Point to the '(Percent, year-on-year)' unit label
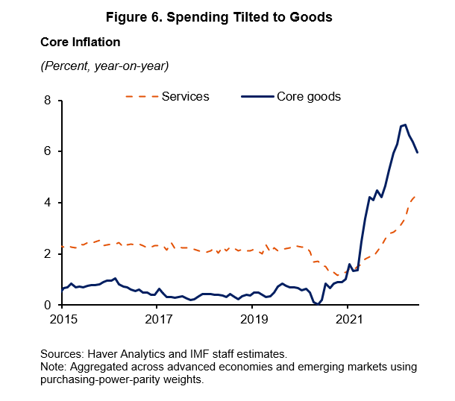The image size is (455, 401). [x=104, y=66]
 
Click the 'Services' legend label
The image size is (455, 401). [x=186, y=97]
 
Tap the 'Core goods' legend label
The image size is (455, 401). [x=309, y=97]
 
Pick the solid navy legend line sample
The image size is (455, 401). [x=257, y=97]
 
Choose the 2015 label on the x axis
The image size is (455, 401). [x=62, y=320]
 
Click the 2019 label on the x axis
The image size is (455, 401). [x=252, y=320]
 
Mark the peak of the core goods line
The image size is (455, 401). [x=404, y=124]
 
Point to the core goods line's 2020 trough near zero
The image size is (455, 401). [x=317, y=304]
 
